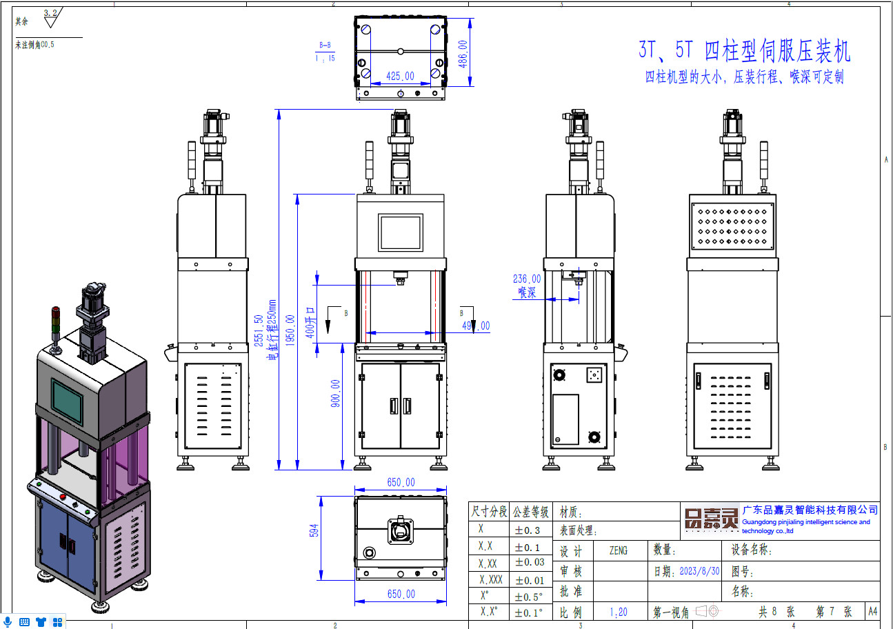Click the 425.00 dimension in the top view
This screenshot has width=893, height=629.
coord(400,77)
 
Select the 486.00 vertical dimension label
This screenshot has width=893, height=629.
coord(463,53)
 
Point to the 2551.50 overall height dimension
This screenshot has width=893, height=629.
coord(259,331)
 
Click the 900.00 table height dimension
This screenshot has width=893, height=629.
coord(335,393)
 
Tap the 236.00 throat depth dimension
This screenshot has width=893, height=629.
coord(527,279)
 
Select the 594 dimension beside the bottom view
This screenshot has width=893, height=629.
coord(314,530)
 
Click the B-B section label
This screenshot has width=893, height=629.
coord(325,46)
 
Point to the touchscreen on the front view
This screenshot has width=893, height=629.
coord(400,232)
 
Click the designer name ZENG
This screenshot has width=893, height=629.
coord(619,550)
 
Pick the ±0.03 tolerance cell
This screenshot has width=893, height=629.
coord(530,562)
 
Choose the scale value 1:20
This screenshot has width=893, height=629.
coord(619,612)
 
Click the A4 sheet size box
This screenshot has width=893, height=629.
coord(872,611)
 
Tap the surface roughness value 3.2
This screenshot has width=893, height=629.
coord(50,13)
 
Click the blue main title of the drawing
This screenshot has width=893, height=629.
coord(744,50)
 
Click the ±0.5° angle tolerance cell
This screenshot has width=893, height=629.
coord(530,596)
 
